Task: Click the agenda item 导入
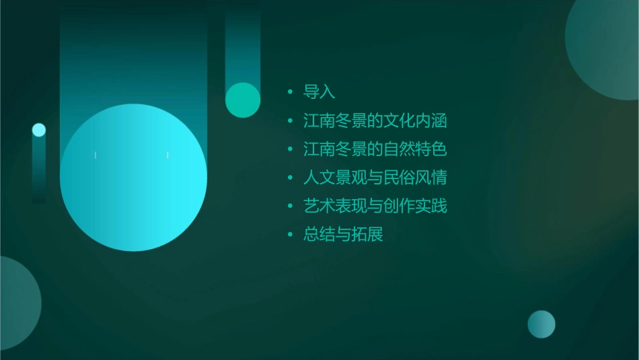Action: coord(319,92)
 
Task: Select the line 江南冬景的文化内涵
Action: coord(375,121)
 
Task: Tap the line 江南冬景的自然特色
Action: coord(375,149)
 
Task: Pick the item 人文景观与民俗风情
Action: coord(375,178)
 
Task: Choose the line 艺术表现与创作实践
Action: coord(375,207)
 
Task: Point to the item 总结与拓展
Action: coord(343,235)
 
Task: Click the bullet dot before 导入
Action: coord(290,92)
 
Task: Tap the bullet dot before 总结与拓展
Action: coord(290,235)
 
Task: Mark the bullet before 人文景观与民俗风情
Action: coord(290,178)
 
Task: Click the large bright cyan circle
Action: coord(133,178)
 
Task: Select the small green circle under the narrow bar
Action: coord(243,100)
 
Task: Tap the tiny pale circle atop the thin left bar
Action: coord(39,130)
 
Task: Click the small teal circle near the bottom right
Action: coord(541,324)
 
